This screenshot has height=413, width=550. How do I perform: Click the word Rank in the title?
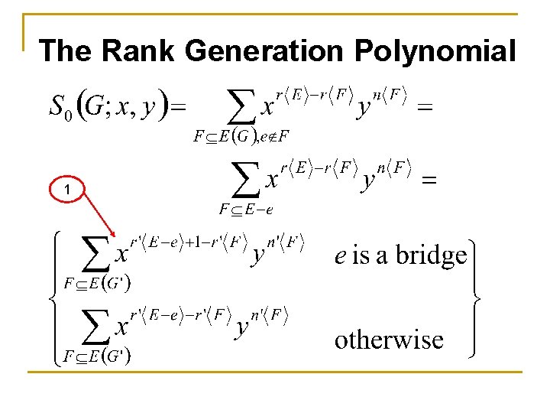coord(138,51)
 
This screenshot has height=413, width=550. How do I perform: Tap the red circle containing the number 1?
coord(68,189)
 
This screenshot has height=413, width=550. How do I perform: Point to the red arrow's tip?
coord(115,236)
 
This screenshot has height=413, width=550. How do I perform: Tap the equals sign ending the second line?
coord(430,181)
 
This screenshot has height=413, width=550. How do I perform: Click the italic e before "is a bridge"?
coord(341,256)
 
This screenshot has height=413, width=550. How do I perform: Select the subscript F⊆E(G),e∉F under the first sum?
coord(241,137)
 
